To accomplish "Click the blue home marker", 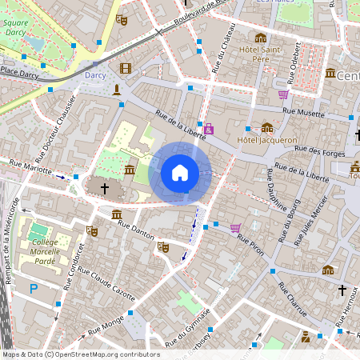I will pos(180,173).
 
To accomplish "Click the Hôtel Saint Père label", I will pos(261,54).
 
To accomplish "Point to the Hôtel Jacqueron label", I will pos(266,139).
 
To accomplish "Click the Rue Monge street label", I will pos(106,324).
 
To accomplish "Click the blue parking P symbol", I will pos(34,289).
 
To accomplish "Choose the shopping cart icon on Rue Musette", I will pos(282,94).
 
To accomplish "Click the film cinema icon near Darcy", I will pos(125,69).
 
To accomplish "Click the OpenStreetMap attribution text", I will pos(80,354).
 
